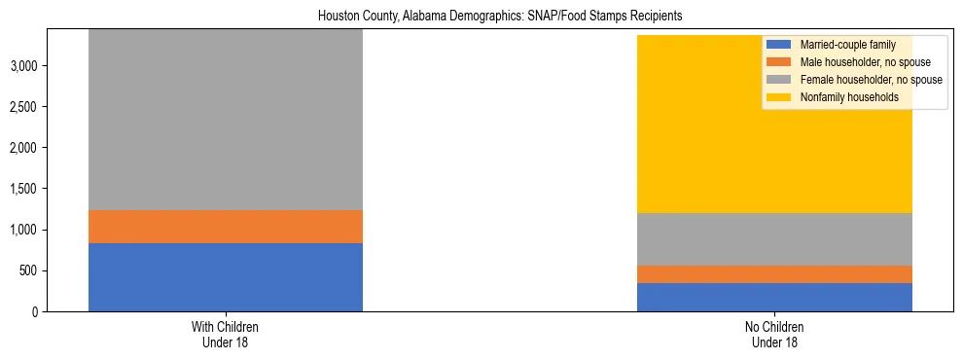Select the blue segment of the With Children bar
226,277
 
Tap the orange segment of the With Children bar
226,227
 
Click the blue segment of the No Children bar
774,297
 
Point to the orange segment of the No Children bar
774,274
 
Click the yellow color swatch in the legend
779,97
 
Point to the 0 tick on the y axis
37,311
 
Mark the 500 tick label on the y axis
30,270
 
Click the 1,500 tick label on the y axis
25,189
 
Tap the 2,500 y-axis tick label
25,107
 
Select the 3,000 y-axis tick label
25,66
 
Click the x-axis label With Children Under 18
226,334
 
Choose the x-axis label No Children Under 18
774,334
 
